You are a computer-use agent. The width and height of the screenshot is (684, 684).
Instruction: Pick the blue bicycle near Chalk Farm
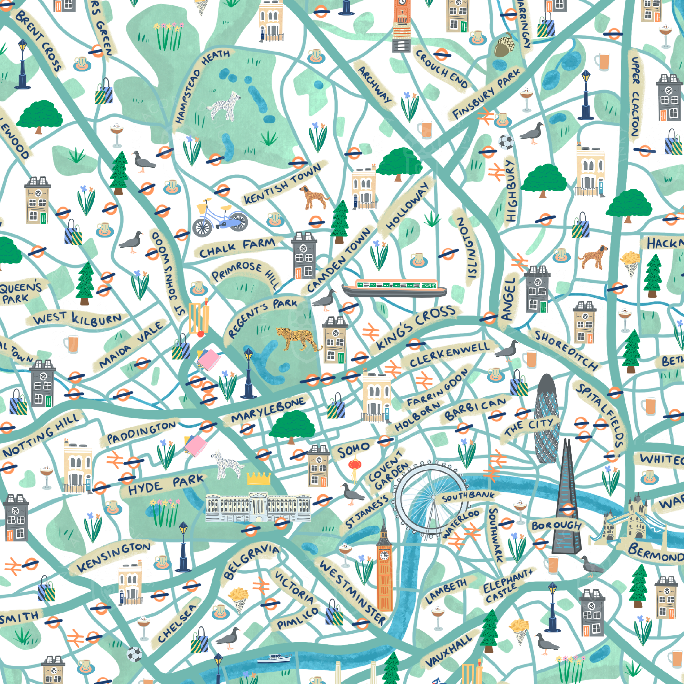[x=219, y=218]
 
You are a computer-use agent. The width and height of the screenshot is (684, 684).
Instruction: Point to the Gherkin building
[x=547, y=418]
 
